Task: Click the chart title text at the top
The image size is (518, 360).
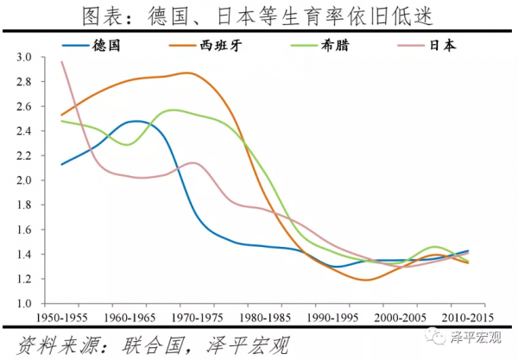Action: click(x=259, y=15)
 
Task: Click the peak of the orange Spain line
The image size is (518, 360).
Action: click(x=186, y=73)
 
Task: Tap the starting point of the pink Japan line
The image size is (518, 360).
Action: click(x=61, y=61)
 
